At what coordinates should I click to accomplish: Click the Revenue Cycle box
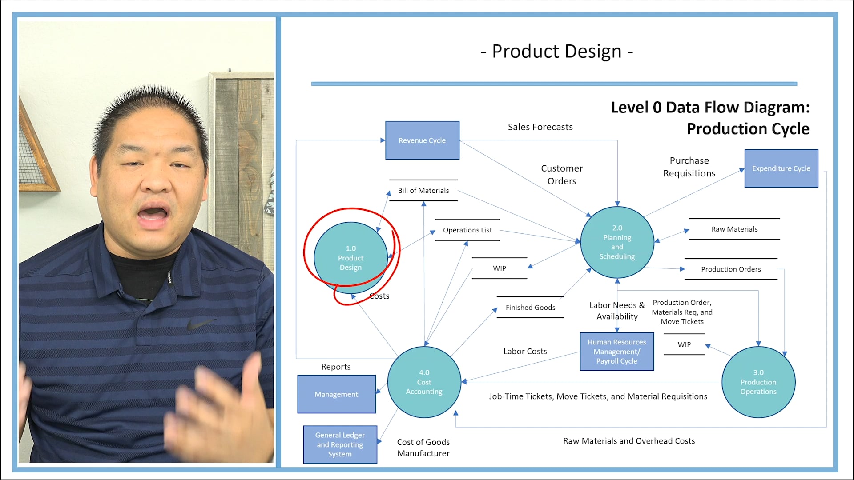point(422,140)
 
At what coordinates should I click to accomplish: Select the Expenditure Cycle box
point(781,168)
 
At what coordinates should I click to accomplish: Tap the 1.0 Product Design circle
point(350,258)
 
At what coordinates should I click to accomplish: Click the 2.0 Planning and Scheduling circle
point(617,242)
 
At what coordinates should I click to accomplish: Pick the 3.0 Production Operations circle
point(758,382)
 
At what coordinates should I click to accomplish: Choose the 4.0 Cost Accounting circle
point(424,382)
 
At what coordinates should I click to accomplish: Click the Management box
point(336,394)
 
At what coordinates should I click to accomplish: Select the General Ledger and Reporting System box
point(340,444)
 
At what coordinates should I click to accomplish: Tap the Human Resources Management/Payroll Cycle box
point(616,352)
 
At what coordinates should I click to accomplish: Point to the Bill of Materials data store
point(423,191)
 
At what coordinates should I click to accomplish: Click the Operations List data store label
point(467,230)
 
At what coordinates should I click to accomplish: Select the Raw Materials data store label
point(734,229)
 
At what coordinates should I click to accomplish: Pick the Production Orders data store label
point(731,269)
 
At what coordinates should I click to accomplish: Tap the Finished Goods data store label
point(530,308)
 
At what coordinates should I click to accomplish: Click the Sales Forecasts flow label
point(540,127)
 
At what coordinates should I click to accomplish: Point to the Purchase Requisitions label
point(689,167)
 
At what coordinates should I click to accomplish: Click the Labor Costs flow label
point(525,352)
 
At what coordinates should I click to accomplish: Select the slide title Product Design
point(556,52)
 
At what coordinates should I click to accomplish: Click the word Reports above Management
point(336,367)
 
